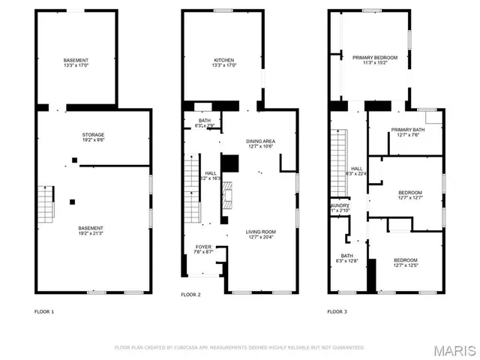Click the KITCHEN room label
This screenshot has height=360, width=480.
tap(224, 60)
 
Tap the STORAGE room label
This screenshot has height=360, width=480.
tap(93, 135)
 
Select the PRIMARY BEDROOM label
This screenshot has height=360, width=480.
tap(375, 57)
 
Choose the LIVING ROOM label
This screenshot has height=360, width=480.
tap(261, 232)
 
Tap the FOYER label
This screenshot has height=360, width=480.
tap(204, 247)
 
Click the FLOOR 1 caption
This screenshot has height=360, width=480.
tap(44, 311)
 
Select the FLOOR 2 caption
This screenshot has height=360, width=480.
tap(190, 295)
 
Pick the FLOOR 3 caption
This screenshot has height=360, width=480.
tap(337, 311)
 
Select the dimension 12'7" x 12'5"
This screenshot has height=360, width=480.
tap(406, 265)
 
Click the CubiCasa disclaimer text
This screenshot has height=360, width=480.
tap(239, 347)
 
